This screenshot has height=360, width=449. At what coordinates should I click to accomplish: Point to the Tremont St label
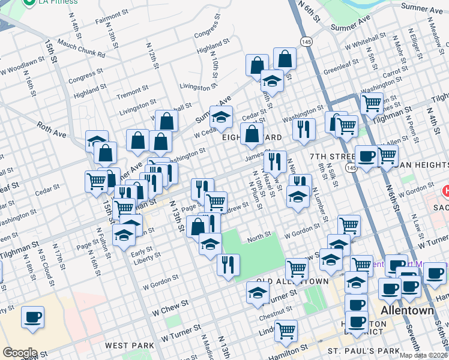(x=128, y=95)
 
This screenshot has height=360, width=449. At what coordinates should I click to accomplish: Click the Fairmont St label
(x=108, y=19)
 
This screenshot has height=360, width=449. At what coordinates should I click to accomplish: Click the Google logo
(x=19, y=353)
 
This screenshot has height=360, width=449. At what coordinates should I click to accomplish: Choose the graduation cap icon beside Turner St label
(x=257, y=293)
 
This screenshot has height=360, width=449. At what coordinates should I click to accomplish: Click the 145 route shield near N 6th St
(x=306, y=41)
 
